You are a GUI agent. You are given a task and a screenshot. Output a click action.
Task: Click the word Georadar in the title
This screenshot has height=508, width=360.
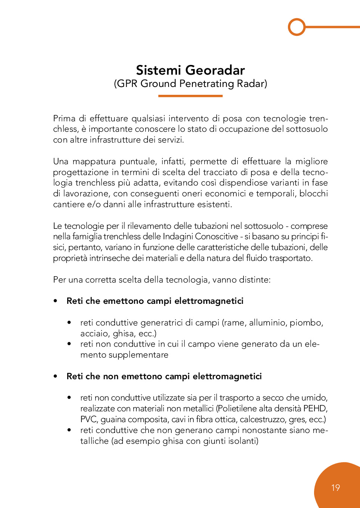[215, 70]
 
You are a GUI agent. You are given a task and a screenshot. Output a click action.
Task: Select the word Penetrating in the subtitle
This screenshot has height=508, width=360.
[207, 84]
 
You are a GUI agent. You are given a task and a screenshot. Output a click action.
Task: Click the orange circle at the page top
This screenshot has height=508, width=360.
[297, 27]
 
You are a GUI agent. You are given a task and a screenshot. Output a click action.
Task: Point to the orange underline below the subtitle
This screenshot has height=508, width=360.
[190, 96]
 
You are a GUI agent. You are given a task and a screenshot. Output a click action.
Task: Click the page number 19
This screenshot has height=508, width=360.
[335, 487]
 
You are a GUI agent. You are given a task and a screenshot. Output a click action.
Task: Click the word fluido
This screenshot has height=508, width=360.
[257, 258]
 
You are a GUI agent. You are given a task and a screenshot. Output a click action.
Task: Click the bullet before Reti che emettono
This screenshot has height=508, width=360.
[56, 301]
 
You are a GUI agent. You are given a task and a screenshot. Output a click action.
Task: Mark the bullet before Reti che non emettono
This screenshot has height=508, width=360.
[56, 376]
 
